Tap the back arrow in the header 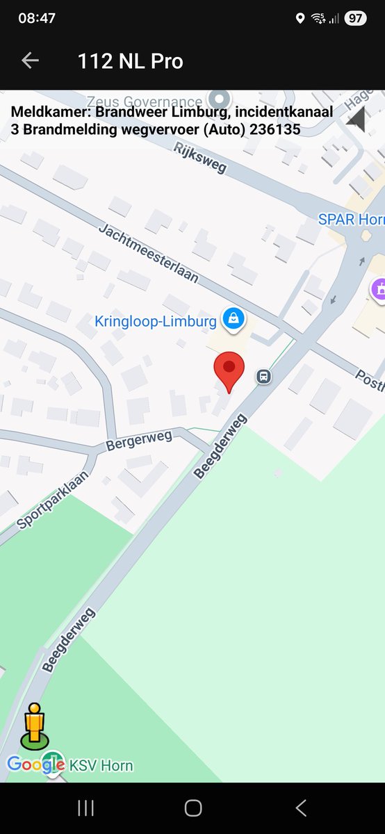[30, 60]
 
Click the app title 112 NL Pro [131, 61]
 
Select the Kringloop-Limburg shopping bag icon [232, 319]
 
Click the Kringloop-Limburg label [156, 321]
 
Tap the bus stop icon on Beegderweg [263, 377]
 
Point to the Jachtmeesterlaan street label [148, 253]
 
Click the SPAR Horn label [351, 220]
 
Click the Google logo [36, 764]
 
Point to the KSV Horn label [101, 766]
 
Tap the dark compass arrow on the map [357, 119]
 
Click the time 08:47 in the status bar [37, 19]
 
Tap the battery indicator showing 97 [355, 19]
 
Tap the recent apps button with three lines [85, 808]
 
